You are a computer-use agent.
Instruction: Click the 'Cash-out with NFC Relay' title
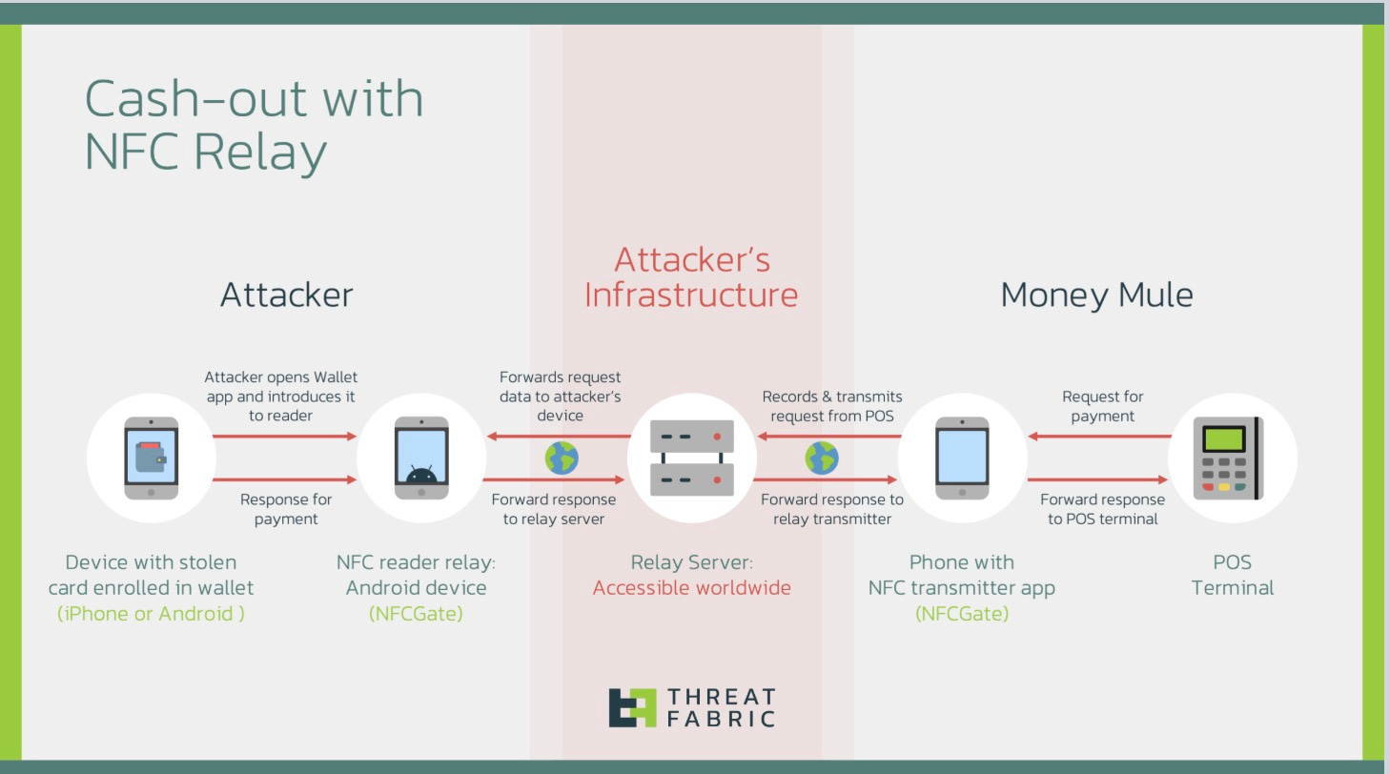[x=254, y=124]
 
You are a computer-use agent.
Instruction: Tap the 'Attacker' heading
[x=286, y=295]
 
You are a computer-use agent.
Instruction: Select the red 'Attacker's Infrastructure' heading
[x=690, y=276]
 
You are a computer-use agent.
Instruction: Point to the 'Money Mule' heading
[x=1096, y=295]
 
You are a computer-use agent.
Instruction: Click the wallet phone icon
[x=151, y=458]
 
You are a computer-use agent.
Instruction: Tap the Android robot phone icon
[x=421, y=458]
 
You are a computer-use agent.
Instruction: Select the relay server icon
[x=691, y=458]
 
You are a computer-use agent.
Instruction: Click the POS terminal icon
[x=1232, y=458]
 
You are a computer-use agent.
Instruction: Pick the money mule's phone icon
[x=962, y=458]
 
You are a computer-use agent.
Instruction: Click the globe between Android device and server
[x=562, y=458]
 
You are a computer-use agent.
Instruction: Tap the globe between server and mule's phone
[x=822, y=458]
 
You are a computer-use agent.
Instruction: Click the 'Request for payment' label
[x=1102, y=406]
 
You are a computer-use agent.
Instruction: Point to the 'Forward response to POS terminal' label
[x=1102, y=509]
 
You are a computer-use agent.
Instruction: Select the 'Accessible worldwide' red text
[x=691, y=587]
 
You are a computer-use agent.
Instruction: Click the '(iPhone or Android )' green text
[x=151, y=613]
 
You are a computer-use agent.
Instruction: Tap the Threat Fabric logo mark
[x=632, y=707]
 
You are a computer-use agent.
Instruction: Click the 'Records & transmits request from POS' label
[x=831, y=406]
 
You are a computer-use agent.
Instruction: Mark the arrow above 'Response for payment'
[x=284, y=479]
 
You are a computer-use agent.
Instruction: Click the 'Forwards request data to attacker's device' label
[x=561, y=396]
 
